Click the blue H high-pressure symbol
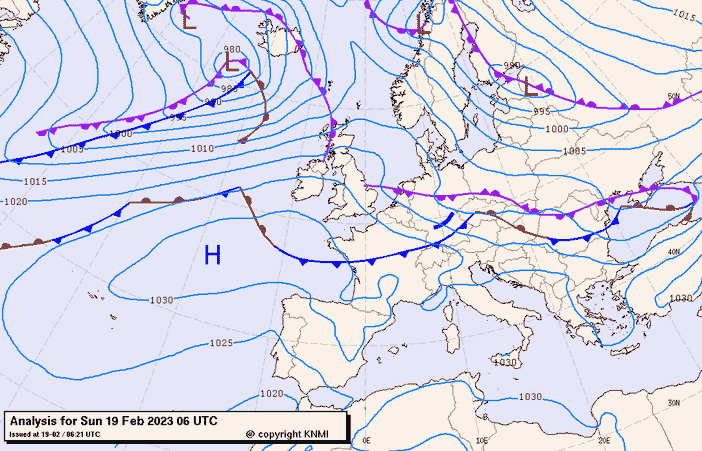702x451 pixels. (212, 255)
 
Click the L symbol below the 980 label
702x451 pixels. (232, 63)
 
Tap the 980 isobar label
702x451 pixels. (232, 49)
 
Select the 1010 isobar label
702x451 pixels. (203, 148)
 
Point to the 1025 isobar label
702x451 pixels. (221, 343)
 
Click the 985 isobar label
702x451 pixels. (229, 89)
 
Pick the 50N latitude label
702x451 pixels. (674, 97)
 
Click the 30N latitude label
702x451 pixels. (674, 402)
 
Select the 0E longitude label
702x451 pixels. (366, 440)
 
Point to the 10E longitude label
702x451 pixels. (484, 440)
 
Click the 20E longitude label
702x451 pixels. (603, 440)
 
